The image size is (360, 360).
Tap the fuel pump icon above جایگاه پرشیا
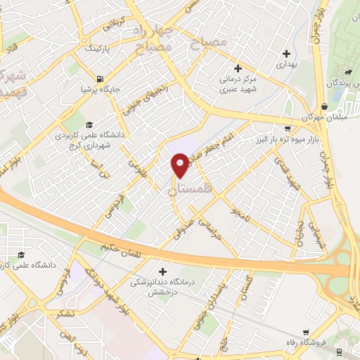101,78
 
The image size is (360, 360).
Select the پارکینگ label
98,51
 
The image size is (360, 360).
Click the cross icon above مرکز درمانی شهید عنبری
238,69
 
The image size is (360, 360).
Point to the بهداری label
286,64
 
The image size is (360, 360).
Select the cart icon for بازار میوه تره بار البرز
287,129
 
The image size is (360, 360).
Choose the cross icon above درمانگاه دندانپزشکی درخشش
163,271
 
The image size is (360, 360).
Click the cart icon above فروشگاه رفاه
305,331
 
